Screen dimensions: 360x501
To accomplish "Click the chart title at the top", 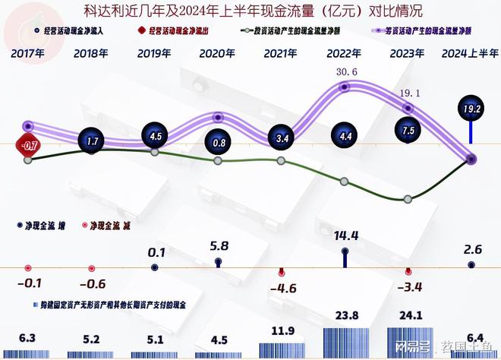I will pos(251,11).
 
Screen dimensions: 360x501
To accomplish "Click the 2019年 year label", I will pos(154,54).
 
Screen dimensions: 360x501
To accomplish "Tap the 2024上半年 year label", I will pos(471,54).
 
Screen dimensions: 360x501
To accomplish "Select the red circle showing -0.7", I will pos(29,144).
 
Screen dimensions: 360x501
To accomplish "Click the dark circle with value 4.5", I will pos(155,137).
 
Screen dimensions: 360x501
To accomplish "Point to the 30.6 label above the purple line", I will pos(344,72).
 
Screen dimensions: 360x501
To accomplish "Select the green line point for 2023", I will pos(408,199).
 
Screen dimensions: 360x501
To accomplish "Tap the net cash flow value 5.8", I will pos(219,246).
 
